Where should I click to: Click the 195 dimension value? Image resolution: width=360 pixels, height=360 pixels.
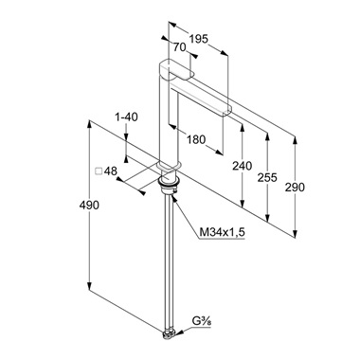coord(199,39)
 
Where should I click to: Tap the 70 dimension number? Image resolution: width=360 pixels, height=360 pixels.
coord(179,47)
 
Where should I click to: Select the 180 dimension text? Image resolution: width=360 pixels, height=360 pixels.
coord(196,139)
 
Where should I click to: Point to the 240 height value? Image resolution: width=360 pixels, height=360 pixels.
coord(243,166)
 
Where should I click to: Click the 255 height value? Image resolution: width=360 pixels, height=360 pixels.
coord(267,177)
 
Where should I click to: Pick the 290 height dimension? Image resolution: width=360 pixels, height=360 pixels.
coord(295,187)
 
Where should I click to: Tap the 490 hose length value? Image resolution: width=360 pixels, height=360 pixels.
coord(89,206)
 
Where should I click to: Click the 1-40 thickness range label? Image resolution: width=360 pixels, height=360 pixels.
coord(126,117)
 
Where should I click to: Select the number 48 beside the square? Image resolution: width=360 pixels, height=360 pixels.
coord(111,171)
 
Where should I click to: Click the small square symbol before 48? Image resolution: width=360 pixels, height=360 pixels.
coord(99,171)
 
